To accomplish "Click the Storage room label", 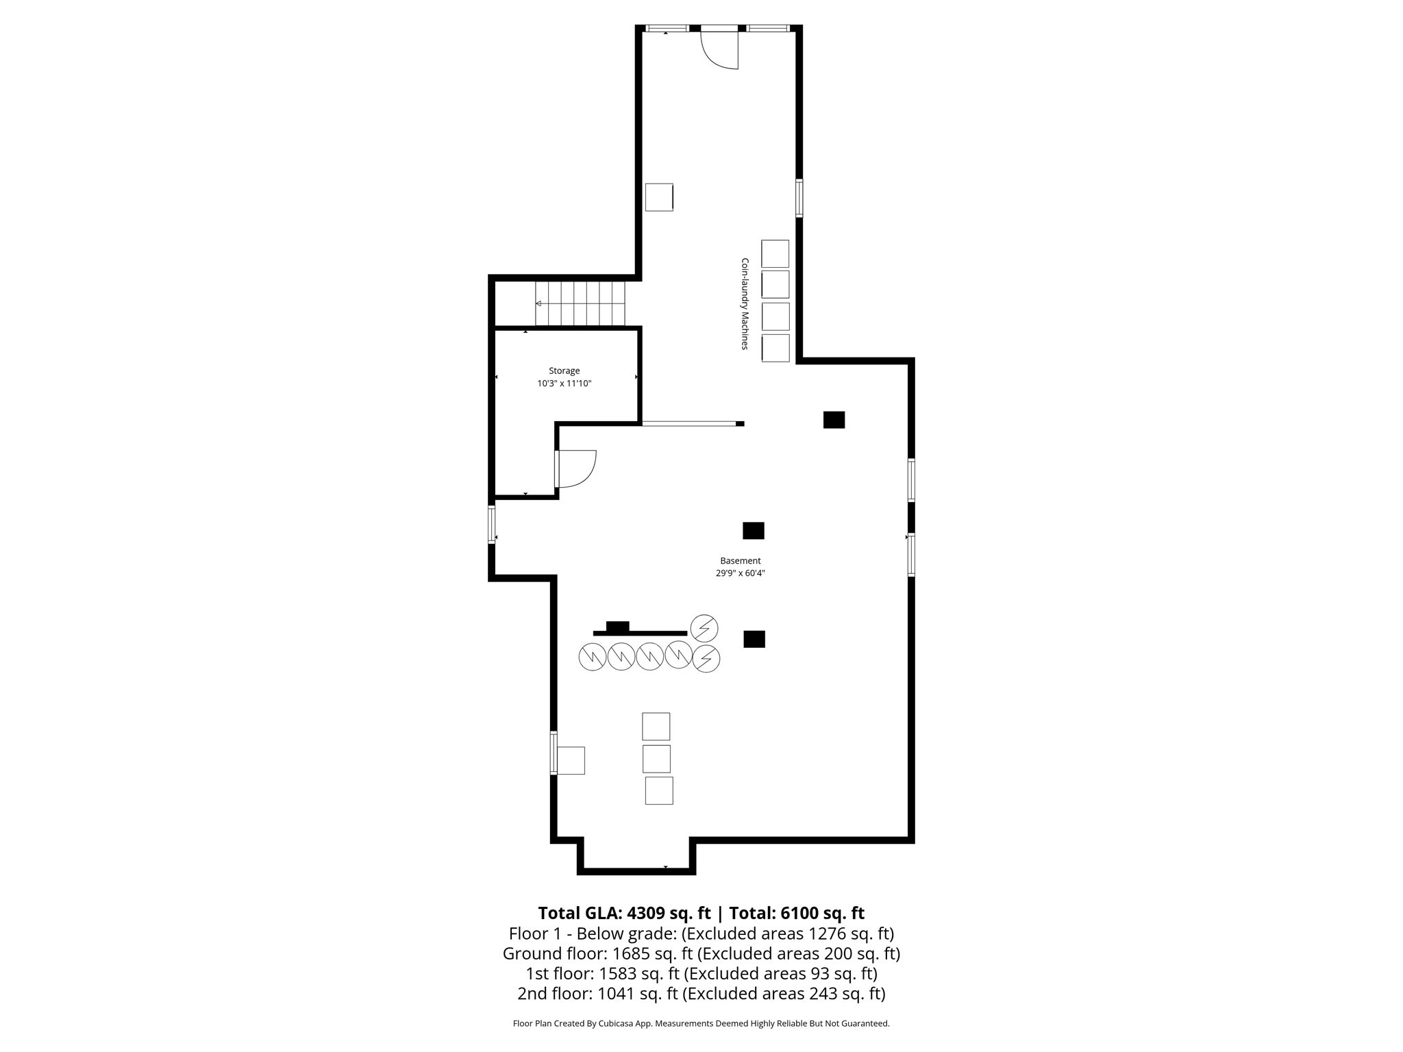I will pos(564,371).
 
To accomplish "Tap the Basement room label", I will pos(740,560).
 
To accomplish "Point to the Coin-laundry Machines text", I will pos(745,304).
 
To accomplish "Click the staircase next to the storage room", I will pos(580,303).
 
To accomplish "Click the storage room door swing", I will pos(577,468).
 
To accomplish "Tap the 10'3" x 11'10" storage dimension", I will pos(564,384).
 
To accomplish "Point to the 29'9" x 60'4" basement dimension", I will pos(740,573).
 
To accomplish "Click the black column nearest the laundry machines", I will pos(834,420).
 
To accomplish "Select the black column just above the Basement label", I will pos(754,531).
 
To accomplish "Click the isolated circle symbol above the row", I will pos(704,627).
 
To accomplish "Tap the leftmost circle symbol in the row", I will pos(593,657).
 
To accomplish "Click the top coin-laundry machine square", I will pos(775,253).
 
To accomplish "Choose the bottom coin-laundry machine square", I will pos(775,348).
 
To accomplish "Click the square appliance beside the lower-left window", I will pos(571,760).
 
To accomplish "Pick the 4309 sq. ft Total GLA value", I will pos(669,913).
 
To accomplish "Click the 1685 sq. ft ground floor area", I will pos(636,953).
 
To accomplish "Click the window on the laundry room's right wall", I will pos(799,198).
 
